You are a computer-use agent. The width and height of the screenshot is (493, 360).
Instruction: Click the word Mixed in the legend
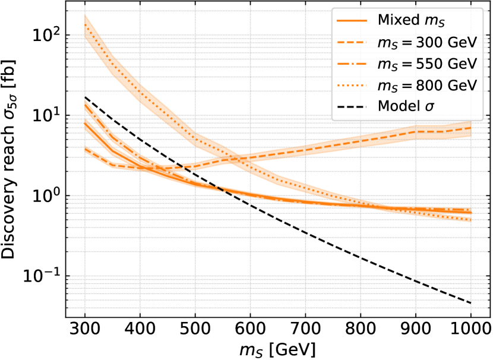click(397, 21)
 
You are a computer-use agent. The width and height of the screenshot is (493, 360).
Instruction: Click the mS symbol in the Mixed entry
click(434, 22)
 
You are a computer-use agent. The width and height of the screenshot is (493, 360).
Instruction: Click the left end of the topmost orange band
click(86, 26)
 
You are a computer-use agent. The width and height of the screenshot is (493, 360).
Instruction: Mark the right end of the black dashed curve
click(470, 305)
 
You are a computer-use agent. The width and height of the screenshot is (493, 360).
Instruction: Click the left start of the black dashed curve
click(108, 116)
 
